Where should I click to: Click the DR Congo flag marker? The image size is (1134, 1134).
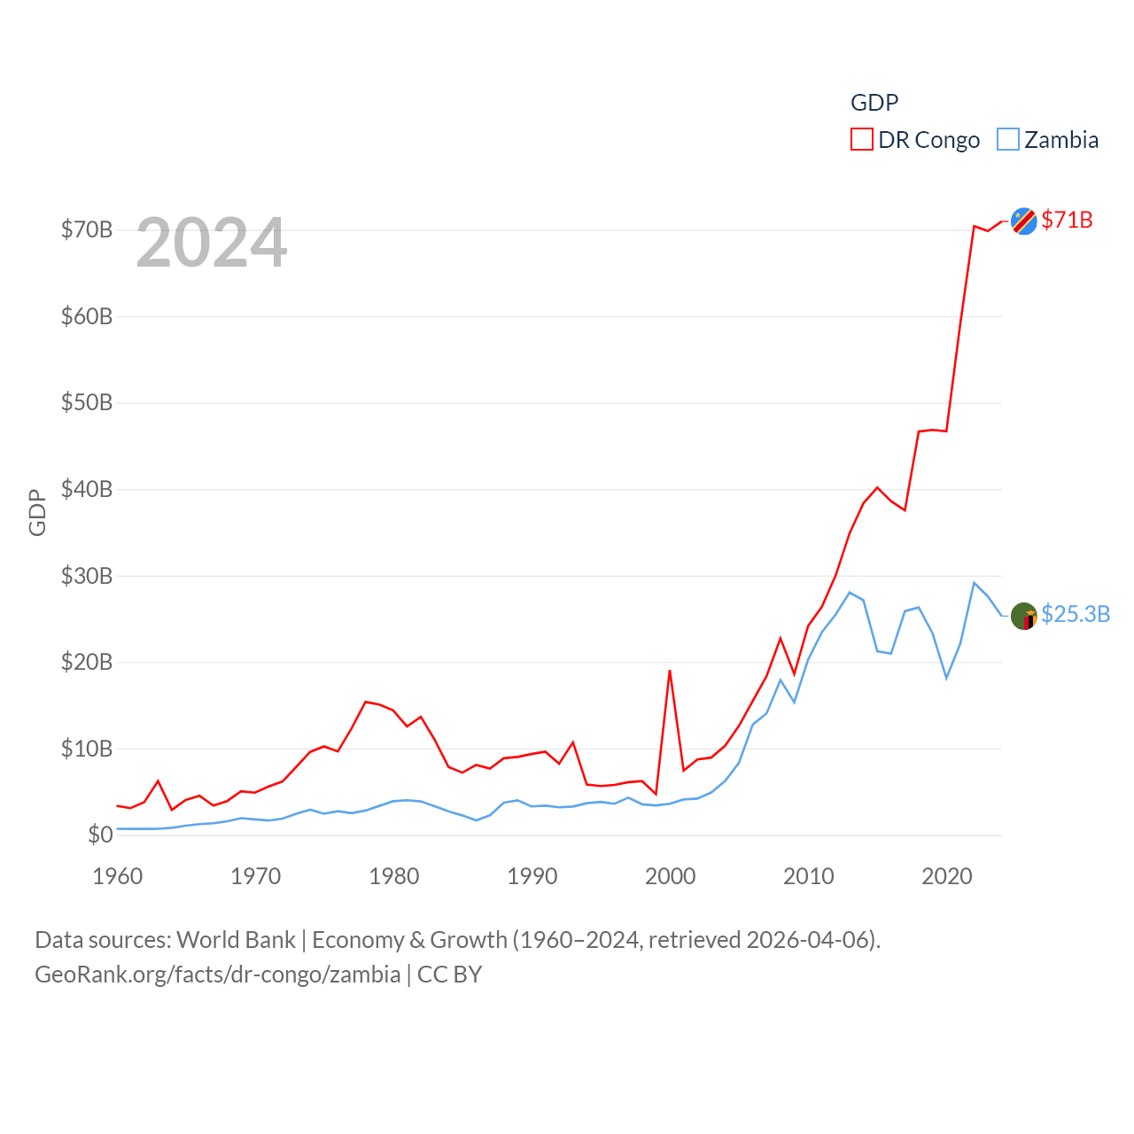click(1023, 221)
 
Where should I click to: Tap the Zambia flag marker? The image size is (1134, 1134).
click(1023, 616)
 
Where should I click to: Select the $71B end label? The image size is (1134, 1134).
click(1067, 220)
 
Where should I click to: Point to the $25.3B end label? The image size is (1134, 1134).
click(1076, 614)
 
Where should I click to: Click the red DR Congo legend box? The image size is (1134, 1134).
click(861, 140)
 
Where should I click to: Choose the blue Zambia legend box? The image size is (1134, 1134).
click(1007, 140)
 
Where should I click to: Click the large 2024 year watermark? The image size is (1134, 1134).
click(212, 243)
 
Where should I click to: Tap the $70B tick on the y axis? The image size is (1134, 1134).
click(87, 230)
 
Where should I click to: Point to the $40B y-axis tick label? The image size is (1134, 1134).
click(87, 489)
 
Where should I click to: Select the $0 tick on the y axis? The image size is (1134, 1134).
click(99, 835)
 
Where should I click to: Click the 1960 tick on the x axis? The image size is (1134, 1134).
click(117, 876)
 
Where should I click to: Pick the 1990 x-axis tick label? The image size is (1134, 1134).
click(532, 876)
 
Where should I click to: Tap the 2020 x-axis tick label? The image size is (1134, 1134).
click(946, 876)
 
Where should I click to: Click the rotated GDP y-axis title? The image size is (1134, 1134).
click(37, 512)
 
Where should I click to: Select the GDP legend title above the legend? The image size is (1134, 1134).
click(874, 103)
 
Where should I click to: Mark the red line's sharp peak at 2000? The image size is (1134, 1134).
click(670, 671)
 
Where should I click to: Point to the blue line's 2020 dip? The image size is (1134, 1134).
click(946, 678)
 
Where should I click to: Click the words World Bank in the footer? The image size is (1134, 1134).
click(236, 939)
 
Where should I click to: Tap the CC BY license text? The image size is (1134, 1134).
click(449, 975)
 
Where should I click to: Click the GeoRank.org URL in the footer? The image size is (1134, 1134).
click(217, 975)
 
